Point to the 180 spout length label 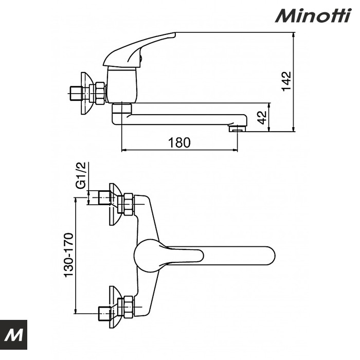coord(179,142)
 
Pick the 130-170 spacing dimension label coord(69,256)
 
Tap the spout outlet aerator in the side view coord(237,129)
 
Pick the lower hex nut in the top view coord(127,307)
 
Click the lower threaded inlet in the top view coord(103,311)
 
